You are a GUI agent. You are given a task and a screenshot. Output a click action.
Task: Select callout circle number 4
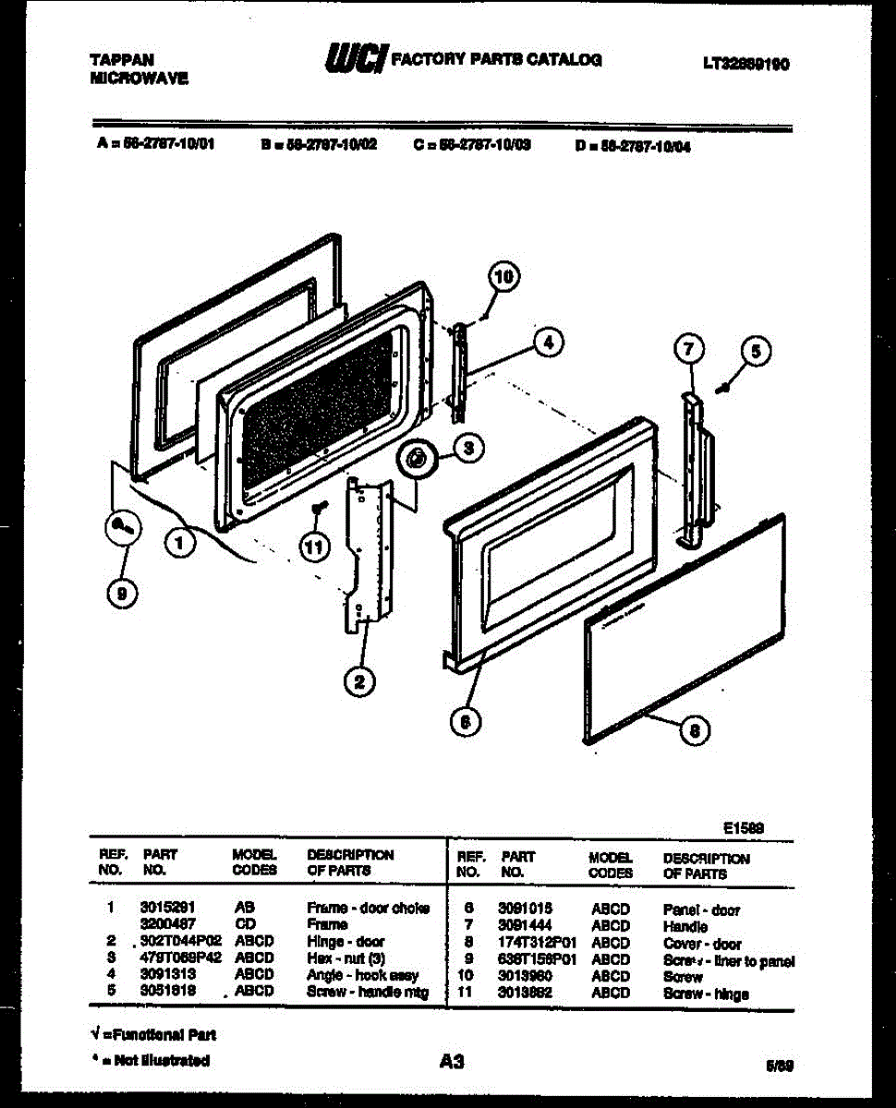[548, 343]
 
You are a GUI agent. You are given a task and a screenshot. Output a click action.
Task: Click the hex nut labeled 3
[417, 457]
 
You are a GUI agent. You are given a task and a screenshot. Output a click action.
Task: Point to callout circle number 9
[120, 595]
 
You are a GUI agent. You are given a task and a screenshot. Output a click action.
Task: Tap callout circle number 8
[696, 732]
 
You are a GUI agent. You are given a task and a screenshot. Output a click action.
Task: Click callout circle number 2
[359, 682]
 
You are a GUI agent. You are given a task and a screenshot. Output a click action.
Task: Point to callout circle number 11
[316, 547]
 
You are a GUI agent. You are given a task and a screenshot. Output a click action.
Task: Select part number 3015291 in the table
[167, 908]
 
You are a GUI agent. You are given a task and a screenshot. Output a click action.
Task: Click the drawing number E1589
[744, 829]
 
